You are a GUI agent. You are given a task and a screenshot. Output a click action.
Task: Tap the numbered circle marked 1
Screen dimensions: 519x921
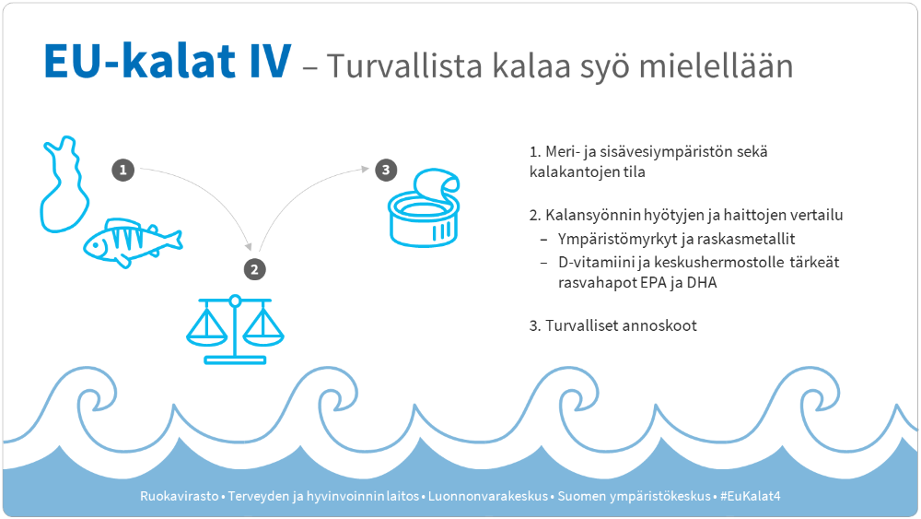click(123, 170)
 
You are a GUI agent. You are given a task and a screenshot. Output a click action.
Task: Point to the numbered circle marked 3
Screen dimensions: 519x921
click(385, 170)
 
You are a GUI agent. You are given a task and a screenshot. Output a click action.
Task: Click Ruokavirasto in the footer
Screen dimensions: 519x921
click(179, 496)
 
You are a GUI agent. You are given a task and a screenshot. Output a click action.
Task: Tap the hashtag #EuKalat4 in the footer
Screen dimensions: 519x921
click(751, 496)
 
